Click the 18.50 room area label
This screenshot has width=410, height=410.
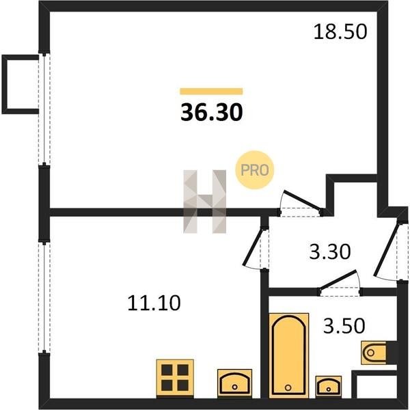pyautogui.click(x=340, y=32)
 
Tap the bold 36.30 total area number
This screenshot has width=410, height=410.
pyautogui.click(x=212, y=113)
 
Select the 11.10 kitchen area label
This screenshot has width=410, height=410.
pyautogui.click(x=154, y=303)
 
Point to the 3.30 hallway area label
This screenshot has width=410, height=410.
pyautogui.click(x=330, y=251)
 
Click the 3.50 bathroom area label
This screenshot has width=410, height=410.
pyautogui.click(x=344, y=326)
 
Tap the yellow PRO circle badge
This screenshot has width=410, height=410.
pyautogui.click(x=254, y=170)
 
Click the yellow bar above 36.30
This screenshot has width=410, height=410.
pyautogui.click(x=211, y=92)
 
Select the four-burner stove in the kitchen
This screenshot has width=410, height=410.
pyautogui.click(x=175, y=379)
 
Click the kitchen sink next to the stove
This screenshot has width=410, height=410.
pyautogui.click(x=234, y=383)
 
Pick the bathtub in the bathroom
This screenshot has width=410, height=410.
pyautogui.click(x=288, y=355)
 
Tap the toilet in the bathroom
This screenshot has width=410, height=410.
pyautogui.click(x=374, y=353)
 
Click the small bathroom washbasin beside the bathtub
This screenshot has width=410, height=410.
pyautogui.click(x=329, y=387)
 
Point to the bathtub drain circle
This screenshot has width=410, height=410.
pyautogui.click(x=288, y=387)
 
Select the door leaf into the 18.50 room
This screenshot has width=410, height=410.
pyautogui.click(x=303, y=200)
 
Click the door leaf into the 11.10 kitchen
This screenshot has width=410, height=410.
pyautogui.click(x=253, y=247)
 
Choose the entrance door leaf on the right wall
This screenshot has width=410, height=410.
pyautogui.click(x=387, y=249)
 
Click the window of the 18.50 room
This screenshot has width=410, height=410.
pyautogui.click(x=44, y=109)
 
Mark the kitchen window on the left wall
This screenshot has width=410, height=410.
pyautogui.click(x=44, y=297)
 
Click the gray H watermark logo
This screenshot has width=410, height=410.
pyautogui.click(x=205, y=202)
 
